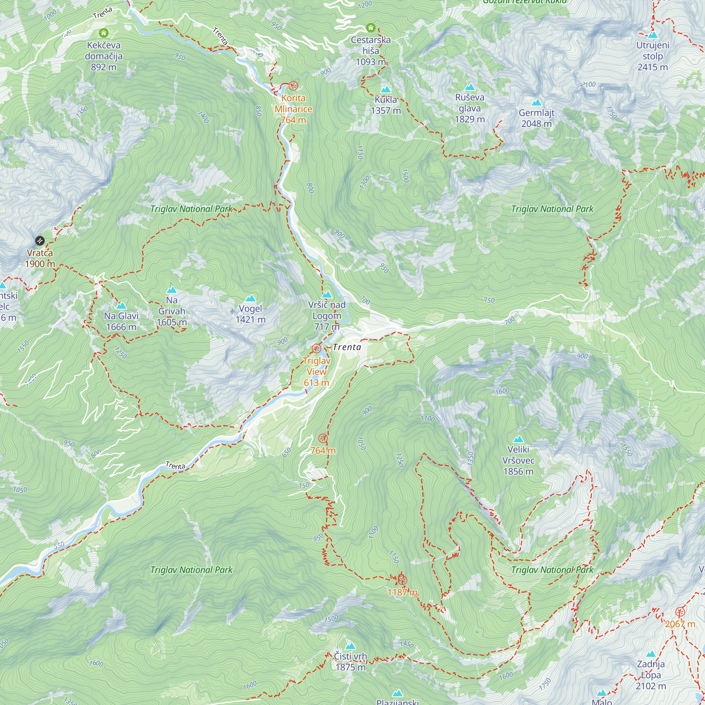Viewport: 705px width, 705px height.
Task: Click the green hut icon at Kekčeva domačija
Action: [x=104, y=33]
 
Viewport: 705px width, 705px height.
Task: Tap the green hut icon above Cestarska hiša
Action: [x=371, y=28]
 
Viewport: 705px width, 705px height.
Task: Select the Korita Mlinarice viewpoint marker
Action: [x=293, y=86]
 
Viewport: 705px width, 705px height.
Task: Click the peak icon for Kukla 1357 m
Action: [x=386, y=90]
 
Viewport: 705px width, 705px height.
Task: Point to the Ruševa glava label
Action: [x=470, y=108]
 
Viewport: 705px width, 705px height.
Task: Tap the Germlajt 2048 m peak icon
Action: [x=537, y=103]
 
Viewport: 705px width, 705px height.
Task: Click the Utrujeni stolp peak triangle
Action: [x=653, y=35]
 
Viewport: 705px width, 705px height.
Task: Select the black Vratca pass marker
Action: [x=40, y=241]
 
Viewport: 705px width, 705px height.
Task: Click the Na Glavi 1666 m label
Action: [x=121, y=321]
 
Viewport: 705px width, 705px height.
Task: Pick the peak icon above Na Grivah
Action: [x=172, y=290]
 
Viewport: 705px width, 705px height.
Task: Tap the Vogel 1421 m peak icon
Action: [x=250, y=299]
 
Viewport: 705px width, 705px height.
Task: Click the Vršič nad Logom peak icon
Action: [x=327, y=294]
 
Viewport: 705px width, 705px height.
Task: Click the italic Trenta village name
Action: [x=347, y=347]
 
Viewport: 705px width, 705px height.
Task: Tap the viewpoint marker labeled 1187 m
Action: [x=402, y=580]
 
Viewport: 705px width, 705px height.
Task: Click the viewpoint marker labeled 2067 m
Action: [x=680, y=612]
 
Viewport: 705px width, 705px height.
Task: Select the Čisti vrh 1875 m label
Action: [x=350, y=662]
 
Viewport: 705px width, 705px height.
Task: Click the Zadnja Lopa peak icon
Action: [x=651, y=654]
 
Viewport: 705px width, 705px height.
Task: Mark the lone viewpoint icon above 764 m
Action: [x=323, y=438]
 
